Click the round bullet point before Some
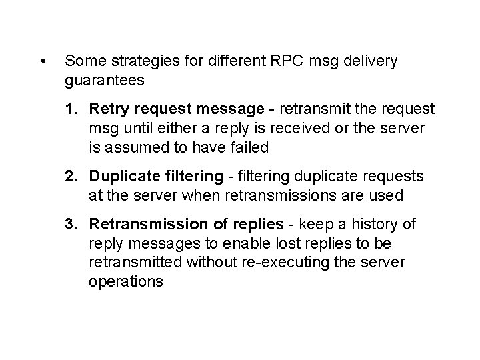[43, 63]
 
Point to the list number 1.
[71, 108]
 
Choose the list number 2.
[71, 176]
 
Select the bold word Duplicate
[123, 176]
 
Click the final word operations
[125, 281]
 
